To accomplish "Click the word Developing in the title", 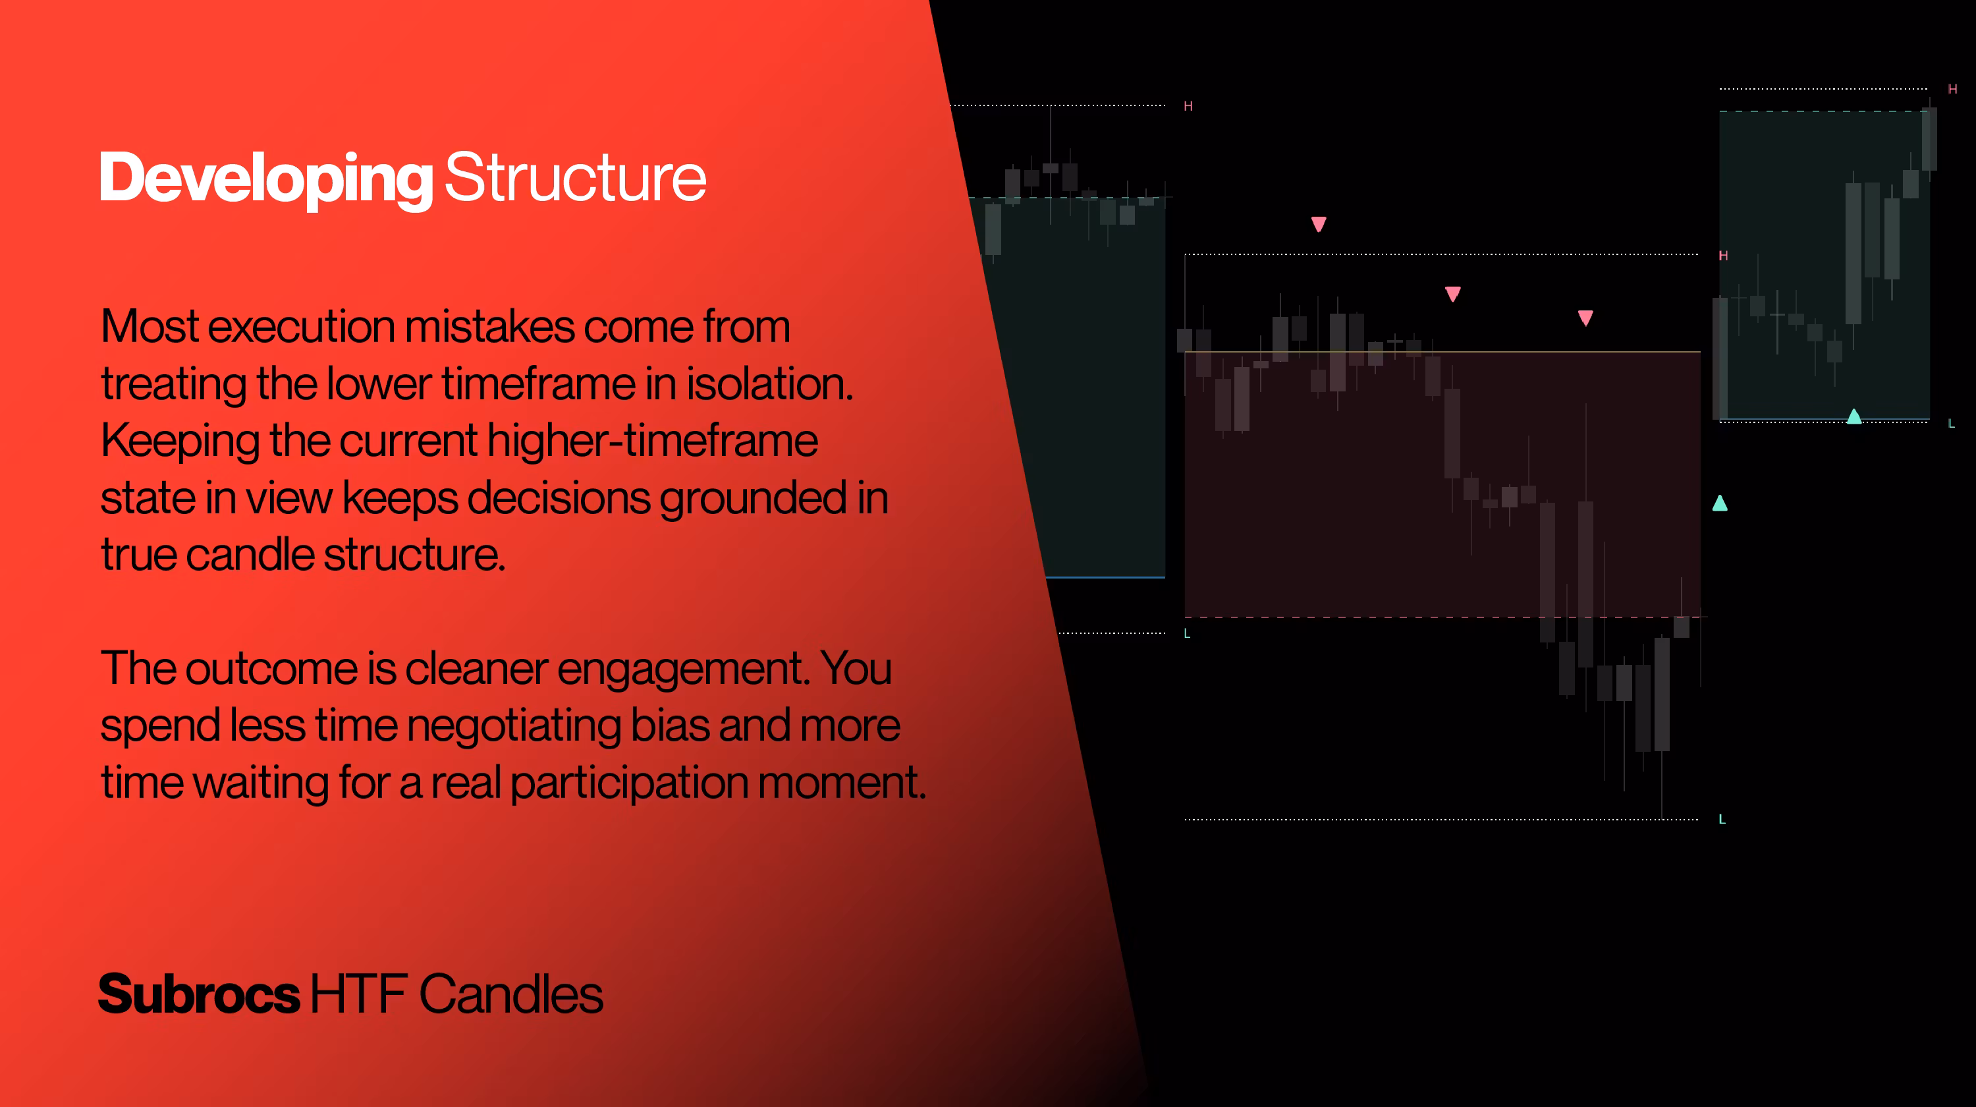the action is [266, 179].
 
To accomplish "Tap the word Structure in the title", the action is [575, 177].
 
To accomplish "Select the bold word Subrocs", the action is [199, 994].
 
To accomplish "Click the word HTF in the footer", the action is [358, 994].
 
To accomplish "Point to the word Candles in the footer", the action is [511, 994].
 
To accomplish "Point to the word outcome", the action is [271, 668].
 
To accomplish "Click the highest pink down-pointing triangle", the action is [1319, 224].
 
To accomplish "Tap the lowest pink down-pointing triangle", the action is [1585, 318].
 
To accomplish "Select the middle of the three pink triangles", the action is [1453, 294].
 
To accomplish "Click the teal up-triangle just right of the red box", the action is [1720, 503].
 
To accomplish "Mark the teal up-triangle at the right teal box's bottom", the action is [1854, 416].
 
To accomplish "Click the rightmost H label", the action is [1953, 89].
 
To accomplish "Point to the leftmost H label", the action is [1188, 106].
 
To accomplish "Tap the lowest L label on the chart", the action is [1722, 819].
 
